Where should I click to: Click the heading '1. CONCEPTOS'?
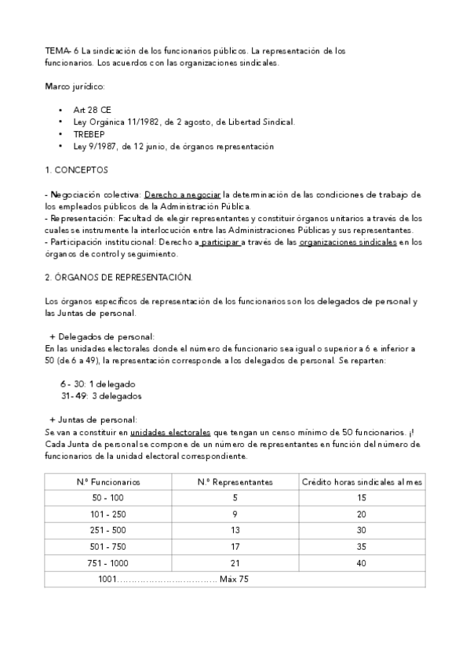pos(77,169)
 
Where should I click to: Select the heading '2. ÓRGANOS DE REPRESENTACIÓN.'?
pos(118,277)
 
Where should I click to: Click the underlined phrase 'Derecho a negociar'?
pos(183,194)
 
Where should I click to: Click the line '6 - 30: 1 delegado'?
pos(98,384)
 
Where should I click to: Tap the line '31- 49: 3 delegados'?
pos(101,396)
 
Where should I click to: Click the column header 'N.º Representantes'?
pos(235,482)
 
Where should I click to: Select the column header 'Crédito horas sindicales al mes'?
pos(362,482)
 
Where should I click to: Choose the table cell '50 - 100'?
pos(108,498)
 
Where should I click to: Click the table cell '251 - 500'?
pos(108,530)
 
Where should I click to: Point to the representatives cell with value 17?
pos(235,546)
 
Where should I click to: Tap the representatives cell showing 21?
pos(235,562)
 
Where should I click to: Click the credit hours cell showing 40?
pos(362,562)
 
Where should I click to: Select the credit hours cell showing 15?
pos(362,498)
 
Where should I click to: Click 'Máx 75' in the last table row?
pos(235,579)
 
